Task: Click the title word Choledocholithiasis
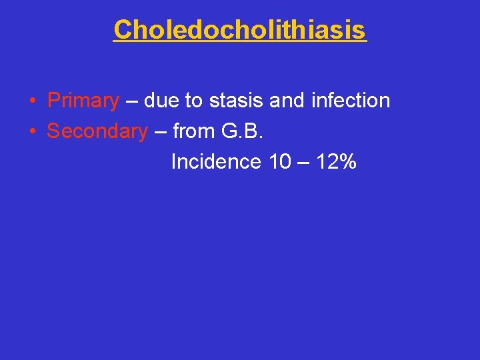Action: pos(240,30)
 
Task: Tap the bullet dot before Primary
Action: pos(33,101)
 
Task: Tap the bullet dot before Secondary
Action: pos(33,132)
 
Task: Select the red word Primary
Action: pos(83,101)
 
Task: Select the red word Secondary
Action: pos(97,131)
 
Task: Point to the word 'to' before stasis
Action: pos(193,101)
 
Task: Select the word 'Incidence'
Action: pos(215,161)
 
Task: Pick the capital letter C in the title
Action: pos(123,30)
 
